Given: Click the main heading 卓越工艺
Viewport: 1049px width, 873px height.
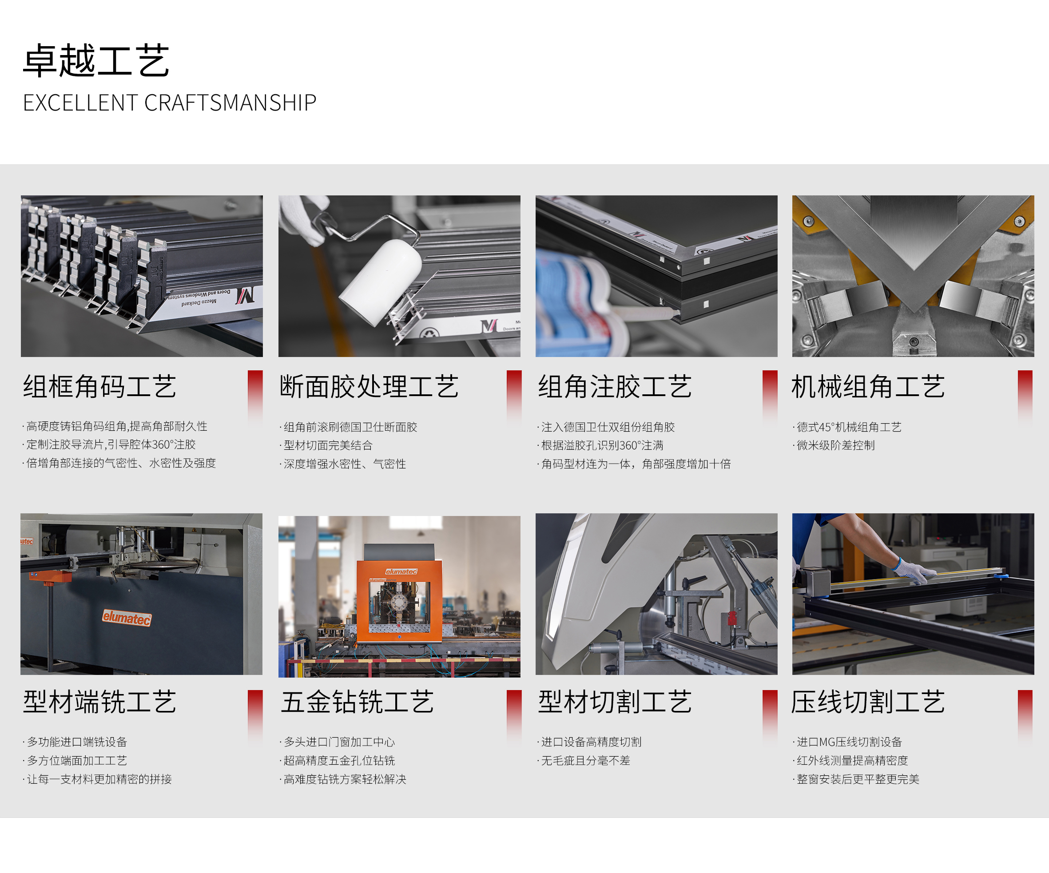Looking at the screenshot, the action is (96, 60).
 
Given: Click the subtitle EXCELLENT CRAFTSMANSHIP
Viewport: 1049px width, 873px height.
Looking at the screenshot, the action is (170, 103).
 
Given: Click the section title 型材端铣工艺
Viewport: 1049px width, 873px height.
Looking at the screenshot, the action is (100, 702).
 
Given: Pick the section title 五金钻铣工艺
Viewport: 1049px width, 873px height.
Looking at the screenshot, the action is (357, 702).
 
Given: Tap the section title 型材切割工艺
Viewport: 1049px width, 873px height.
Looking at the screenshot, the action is (615, 702).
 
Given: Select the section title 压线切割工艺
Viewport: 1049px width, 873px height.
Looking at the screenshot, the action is (868, 702).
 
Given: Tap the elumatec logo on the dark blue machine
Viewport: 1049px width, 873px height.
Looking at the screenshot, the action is (127, 618).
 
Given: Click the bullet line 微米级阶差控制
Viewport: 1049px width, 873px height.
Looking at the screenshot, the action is (834, 445).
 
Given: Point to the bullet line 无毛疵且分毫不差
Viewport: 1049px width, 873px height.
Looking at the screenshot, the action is (584, 761).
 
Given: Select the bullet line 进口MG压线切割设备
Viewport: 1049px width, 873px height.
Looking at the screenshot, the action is (847, 742).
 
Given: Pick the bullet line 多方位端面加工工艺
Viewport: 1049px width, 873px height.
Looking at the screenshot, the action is (75, 761).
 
